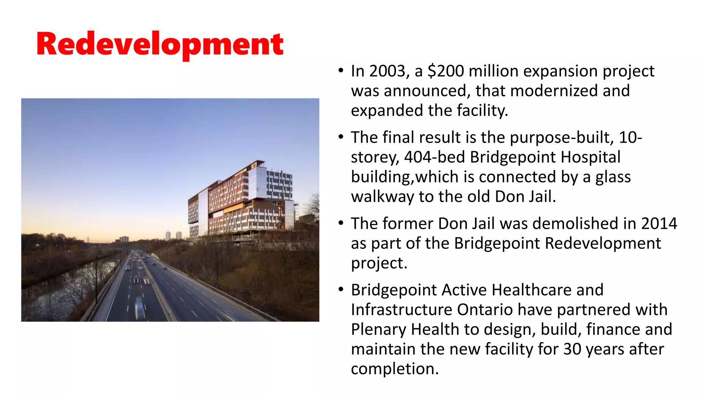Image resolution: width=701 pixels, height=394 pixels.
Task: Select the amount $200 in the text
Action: tap(446, 71)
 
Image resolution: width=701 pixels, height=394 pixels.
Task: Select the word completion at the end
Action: tap(394, 369)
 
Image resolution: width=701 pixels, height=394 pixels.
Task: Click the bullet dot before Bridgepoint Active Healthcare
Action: tap(341, 290)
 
